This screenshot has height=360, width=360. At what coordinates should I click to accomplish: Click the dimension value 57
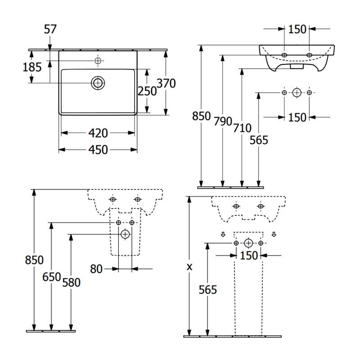pyautogui.click(x=50, y=30)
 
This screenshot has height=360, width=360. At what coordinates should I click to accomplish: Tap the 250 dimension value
pyautogui.click(x=147, y=91)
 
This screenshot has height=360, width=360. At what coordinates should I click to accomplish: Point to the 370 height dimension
pyautogui.click(x=166, y=83)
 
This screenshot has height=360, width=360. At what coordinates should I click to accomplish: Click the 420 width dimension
pyautogui.click(x=98, y=133)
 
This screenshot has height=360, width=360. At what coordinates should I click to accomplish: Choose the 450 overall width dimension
pyautogui.click(x=98, y=150)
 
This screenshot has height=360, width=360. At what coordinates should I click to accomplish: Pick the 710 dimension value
pyautogui.click(x=242, y=127)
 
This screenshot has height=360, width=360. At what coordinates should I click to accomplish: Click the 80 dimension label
pyautogui.click(x=96, y=269)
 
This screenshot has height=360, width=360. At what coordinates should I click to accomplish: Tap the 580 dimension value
pyautogui.click(x=71, y=283)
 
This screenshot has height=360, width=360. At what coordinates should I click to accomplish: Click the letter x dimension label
pyautogui.click(x=189, y=267)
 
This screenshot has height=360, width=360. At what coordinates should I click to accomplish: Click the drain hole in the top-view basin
pyautogui.click(x=98, y=82)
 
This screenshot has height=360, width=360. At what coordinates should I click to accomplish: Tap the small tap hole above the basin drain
pyautogui.click(x=98, y=60)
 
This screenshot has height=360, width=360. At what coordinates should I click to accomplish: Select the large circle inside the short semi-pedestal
pyautogui.click(x=125, y=234)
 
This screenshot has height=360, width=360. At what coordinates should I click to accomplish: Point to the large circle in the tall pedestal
pyautogui.click(x=248, y=243)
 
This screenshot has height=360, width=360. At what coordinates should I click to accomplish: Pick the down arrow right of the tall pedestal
pyautogui.click(x=274, y=234)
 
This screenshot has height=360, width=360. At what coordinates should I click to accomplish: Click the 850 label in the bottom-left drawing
pyautogui.click(x=34, y=260)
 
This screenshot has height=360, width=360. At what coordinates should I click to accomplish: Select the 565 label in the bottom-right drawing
pyautogui.click(x=207, y=290)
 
